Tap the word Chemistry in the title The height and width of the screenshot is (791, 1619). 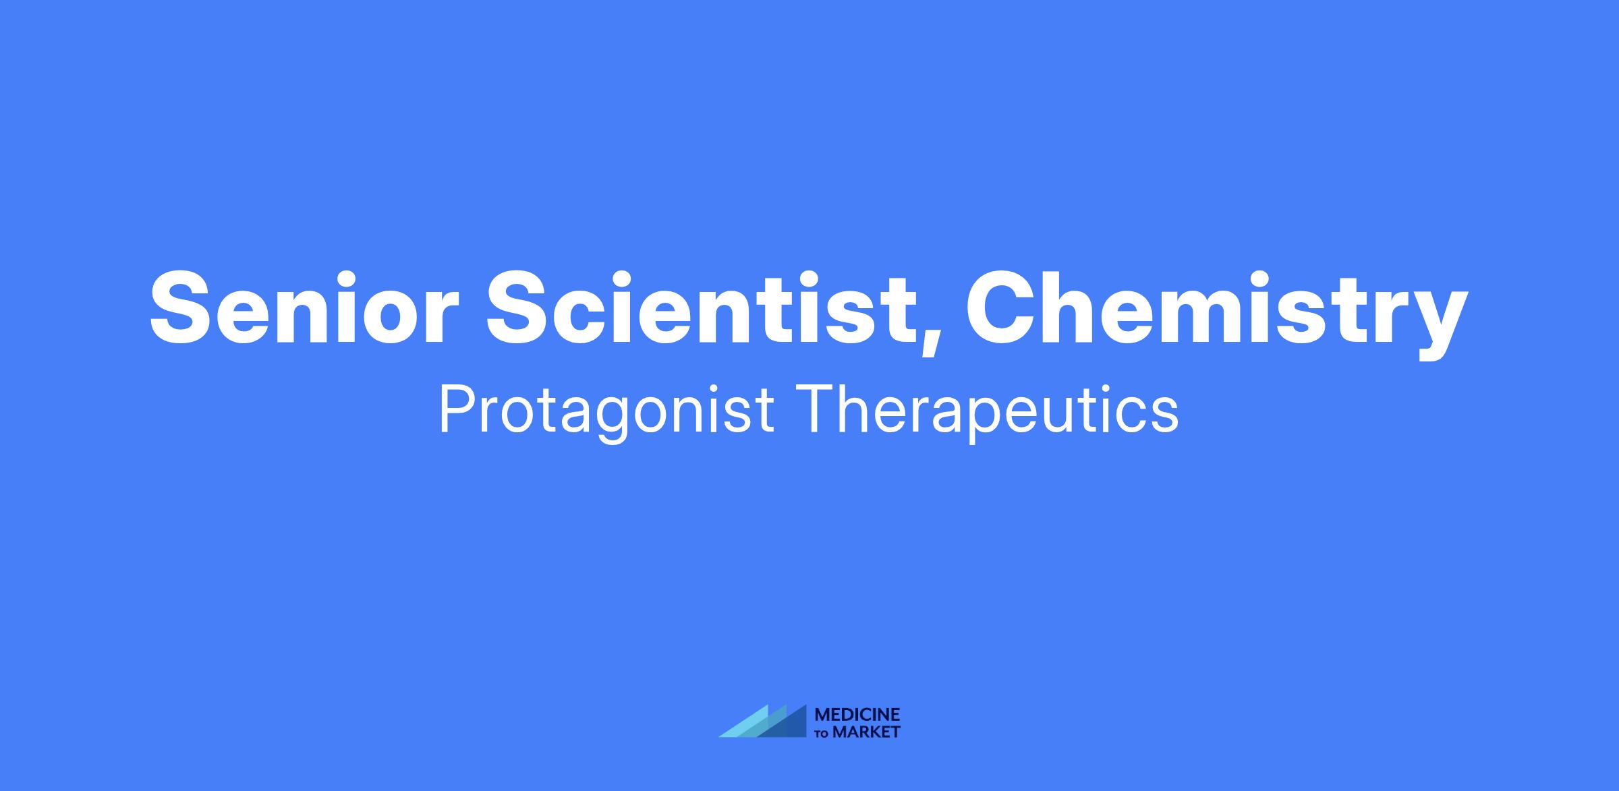coord(1218,314)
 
